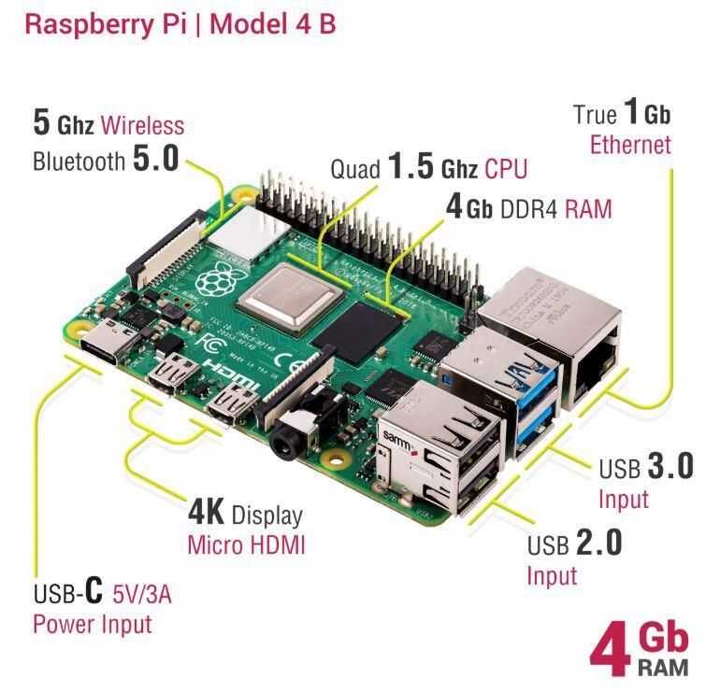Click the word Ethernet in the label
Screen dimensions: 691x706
pyautogui.click(x=630, y=145)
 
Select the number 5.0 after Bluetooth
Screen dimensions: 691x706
pyautogui.click(x=155, y=159)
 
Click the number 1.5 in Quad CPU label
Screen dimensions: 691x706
pyautogui.click(x=411, y=168)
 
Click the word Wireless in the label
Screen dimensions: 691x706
pyautogui.click(x=142, y=124)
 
